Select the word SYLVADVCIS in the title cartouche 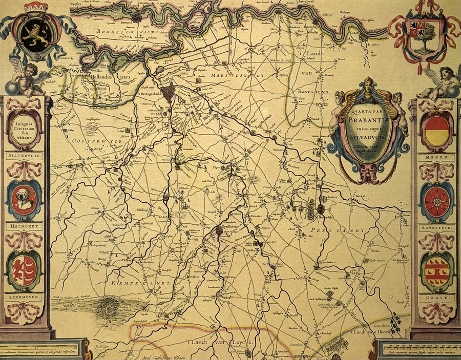point(364,137)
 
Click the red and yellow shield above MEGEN point(437,131)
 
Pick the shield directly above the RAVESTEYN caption point(436,201)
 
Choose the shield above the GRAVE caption point(436,271)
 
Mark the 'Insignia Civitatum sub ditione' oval point(24,131)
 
